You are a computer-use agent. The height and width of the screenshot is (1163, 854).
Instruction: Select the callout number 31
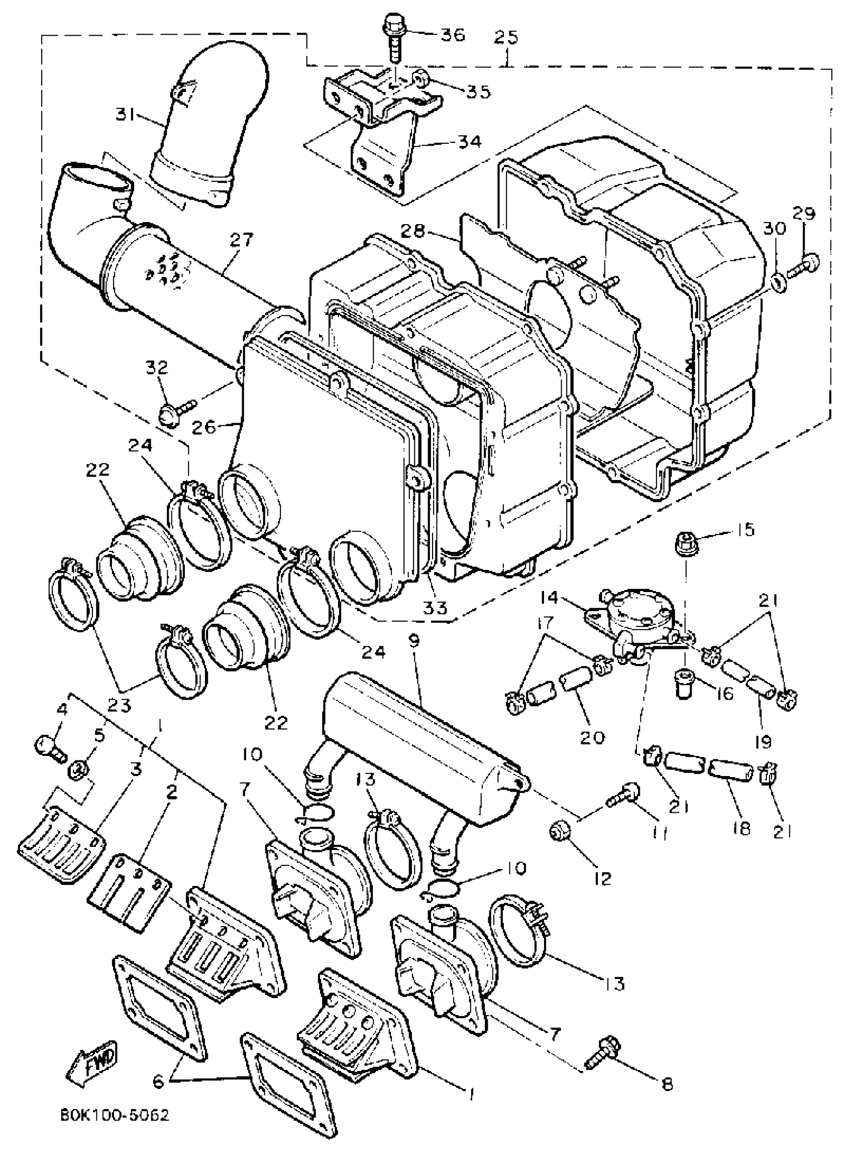coord(126,117)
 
